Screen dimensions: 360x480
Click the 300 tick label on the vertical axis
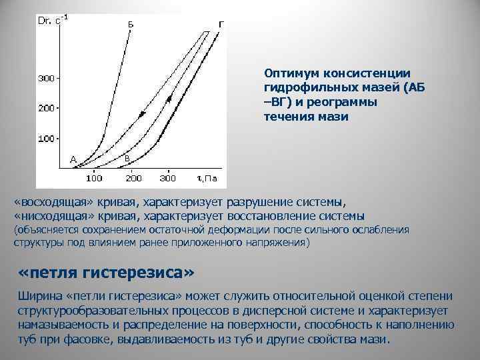pyautogui.click(x=46, y=79)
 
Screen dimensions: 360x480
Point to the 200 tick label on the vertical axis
pyautogui.click(x=46, y=108)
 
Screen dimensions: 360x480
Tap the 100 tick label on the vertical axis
pyautogui.click(x=46, y=139)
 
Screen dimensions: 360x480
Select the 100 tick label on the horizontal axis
pyautogui.click(x=94, y=179)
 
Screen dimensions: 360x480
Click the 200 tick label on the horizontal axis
pyautogui.click(x=134, y=179)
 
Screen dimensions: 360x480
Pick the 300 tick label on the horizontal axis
pyautogui.click(x=169, y=179)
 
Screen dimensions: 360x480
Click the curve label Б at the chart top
pyautogui.click(x=131, y=24)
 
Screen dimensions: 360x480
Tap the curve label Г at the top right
pyautogui.click(x=220, y=24)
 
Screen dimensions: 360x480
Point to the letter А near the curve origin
pyautogui.click(x=73, y=159)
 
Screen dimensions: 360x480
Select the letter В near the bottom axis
pyautogui.click(x=127, y=159)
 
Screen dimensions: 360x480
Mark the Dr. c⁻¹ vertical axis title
pyautogui.click(x=53, y=21)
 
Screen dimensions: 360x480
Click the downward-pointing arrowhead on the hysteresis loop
pyautogui.click(x=141, y=115)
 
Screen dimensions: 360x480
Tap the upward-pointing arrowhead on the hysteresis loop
pyautogui.click(x=169, y=99)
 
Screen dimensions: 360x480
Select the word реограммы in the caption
pyautogui.click(x=347, y=102)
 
